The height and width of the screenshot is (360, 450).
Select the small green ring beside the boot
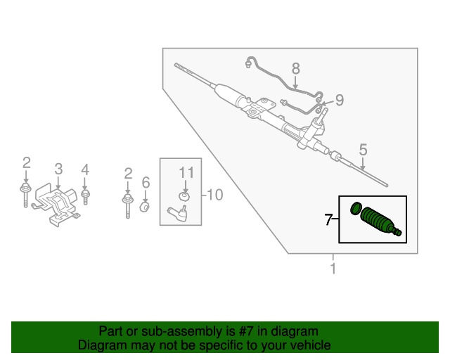[x=356, y=207]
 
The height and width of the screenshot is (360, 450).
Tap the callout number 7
[x=328, y=220]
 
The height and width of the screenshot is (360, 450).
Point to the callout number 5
[x=363, y=149]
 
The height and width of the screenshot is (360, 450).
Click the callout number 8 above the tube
[x=295, y=68]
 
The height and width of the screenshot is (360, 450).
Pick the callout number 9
[x=340, y=101]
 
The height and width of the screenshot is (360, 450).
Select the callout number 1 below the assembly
[x=333, y=268]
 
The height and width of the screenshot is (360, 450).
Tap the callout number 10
[x=215, y=195]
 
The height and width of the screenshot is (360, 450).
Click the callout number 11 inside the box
[x=185, y=172]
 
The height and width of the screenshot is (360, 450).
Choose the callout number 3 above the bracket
[x=58, y=169]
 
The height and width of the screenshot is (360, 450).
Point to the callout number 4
[x=85, y=169]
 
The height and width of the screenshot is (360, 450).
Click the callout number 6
[x=146, y=183]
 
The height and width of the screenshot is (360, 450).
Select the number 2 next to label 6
[x=128, y=173]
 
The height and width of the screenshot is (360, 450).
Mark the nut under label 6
[x=146, y=207]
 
